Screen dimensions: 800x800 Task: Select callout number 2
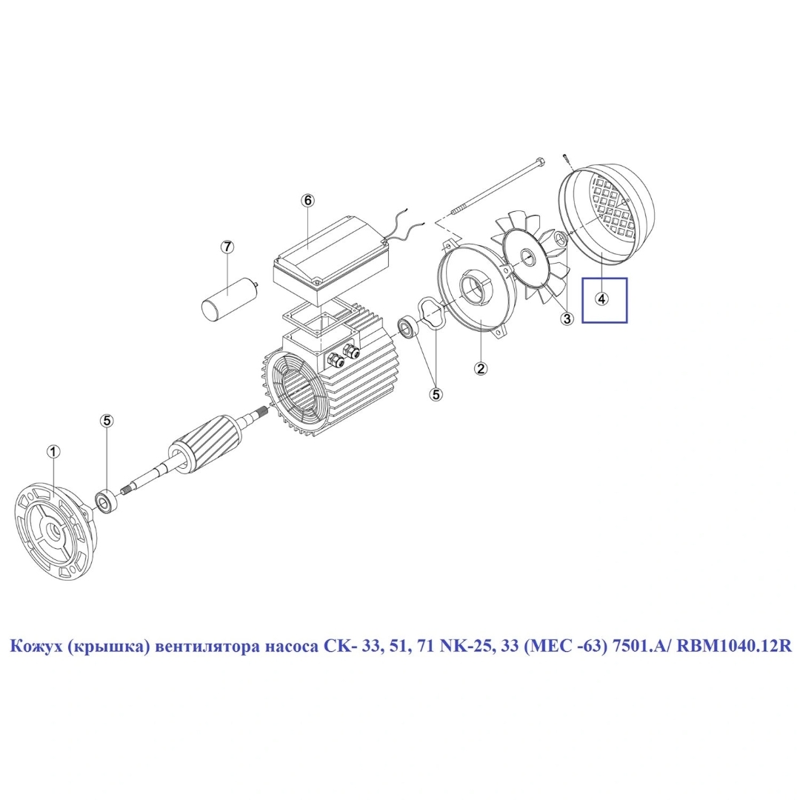pyautogui.click(x=481, y=368)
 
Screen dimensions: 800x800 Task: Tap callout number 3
pyautogui.click(x=567, y=319)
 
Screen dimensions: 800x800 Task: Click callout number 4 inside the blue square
pyautogui.click(x=602, y=299)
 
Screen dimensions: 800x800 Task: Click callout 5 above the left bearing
pyautogui.click(x=107, y=421)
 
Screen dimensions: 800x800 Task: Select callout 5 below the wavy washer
pyautogui.click(x=437, y=394)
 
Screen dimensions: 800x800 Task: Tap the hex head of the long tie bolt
pyautogui.click(x=540, y=162)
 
